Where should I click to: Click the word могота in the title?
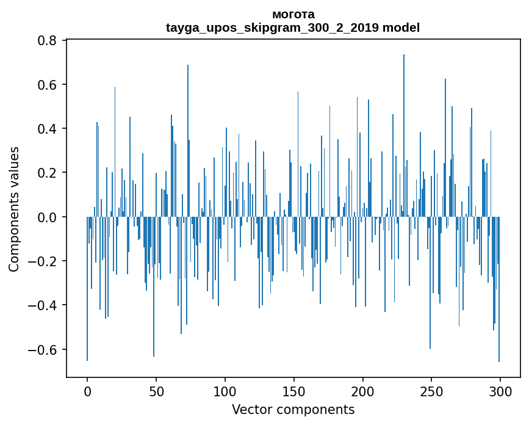[x=293, y=14]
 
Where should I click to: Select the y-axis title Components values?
[x=14, y=209]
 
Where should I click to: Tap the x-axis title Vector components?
[x=293, y=409]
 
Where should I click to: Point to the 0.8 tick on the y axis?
[x=48, y=41]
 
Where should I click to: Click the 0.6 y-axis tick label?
[x=48, y=85]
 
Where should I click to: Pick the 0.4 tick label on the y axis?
[x=48, y=129]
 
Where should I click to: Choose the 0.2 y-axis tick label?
[x=48, y=173]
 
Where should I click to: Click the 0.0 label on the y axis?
[x=48, y=217]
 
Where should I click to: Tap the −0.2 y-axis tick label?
[x=43, y=261]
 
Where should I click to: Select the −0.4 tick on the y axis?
[x=43, y=305]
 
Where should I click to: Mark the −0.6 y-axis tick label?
[x=43, y=350]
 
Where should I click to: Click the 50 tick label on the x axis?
[x=156, y=391]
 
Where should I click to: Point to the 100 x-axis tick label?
[x=225, y=391]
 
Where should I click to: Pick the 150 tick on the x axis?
[x=294, y=391]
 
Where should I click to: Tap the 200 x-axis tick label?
[x=363, y=391]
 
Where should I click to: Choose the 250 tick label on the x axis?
[x=432, y=391]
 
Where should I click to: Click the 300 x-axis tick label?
[x=500, y=391]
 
